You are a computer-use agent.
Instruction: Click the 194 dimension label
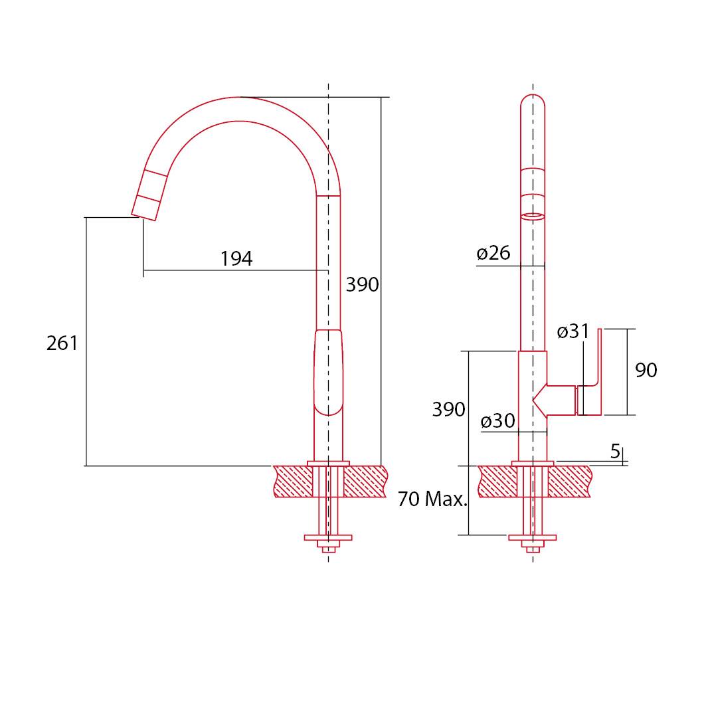tap(236, 259)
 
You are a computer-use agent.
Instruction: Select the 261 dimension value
tap(62, 343)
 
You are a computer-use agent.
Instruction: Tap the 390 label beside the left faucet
tap(363, 284)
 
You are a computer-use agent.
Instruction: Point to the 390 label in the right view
tap(448, 409)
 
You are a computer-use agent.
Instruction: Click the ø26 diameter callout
tap(493, 253)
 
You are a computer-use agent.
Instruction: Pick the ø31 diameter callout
tap(573, 332)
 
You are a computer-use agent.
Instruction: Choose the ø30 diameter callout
tap(498, 421)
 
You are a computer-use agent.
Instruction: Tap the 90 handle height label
tap(646, 370)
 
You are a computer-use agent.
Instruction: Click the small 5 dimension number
tap(616, 451)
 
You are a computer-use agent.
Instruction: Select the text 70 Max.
tap(432, 499)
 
